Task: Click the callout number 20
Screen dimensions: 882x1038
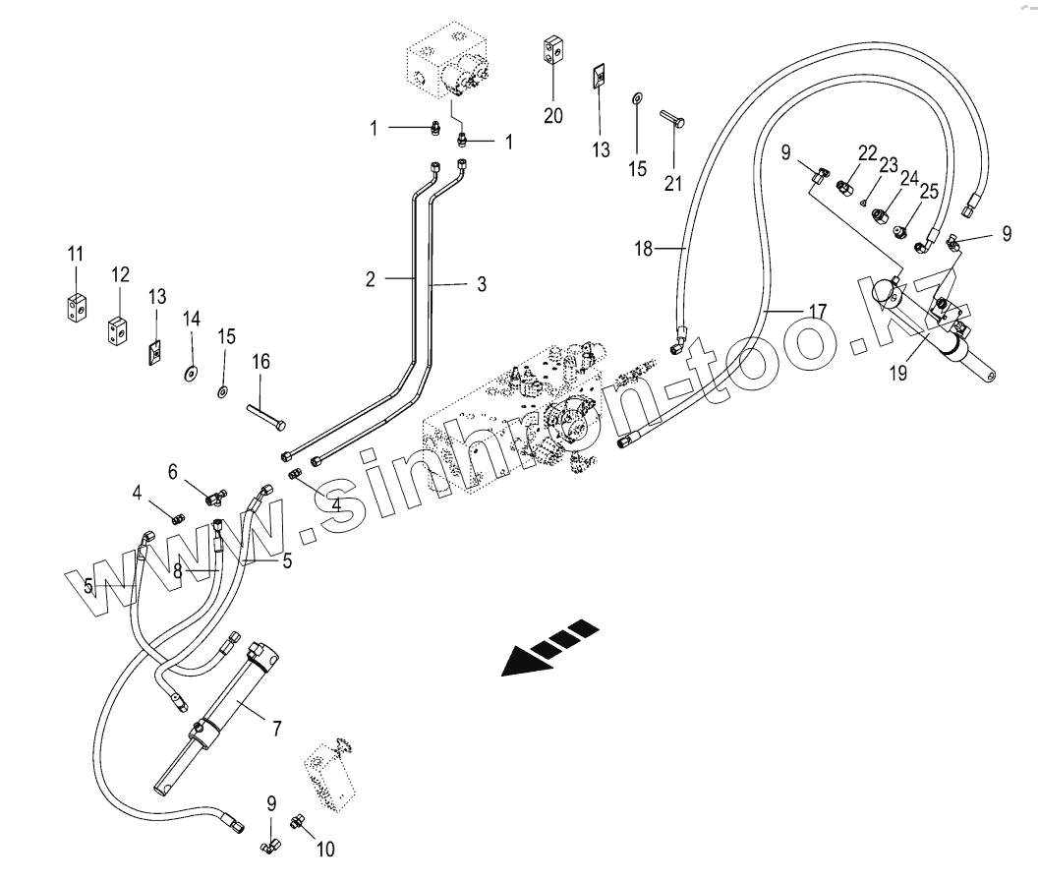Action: pyautogui.click(x=553, y=115)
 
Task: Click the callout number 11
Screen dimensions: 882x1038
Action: pyautogui.click(x=76, y=256)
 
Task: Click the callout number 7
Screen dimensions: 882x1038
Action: pyautogui.click(x=277, y=729)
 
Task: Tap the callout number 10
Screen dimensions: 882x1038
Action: pyautogui.click(x=326, y=849)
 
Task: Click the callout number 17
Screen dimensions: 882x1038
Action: pyautogui.click(x=817, y=312)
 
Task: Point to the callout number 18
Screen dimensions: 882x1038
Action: pyautogui.click(x=643, y=249)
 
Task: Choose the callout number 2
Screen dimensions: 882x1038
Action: pyautogui.click(x=371, y=279)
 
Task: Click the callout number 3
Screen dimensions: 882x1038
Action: pyautogui.click(x=481, y=284)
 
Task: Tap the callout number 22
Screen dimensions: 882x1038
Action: pyautogui.click(x=866, y=152)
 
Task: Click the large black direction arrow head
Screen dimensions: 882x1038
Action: pyautogui.click(x=521, y=661)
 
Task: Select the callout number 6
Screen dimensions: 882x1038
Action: pyautogui.click(x=173, y=472)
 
